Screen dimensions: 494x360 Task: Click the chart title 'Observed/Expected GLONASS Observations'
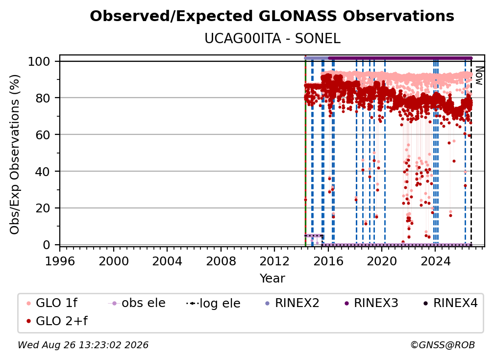(272, 16)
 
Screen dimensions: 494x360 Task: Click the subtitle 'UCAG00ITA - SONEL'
(272, 38)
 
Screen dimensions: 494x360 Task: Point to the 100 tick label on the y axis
(39, 61)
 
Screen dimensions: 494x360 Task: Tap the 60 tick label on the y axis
(43, 135)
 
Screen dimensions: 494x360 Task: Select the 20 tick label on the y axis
(43, 208)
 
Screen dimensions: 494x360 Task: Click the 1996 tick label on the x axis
(60, 261)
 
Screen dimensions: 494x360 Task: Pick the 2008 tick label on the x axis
(221, 261)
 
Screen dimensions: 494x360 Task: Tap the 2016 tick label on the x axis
(328, 261)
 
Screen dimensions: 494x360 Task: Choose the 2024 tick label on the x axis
(435, 261)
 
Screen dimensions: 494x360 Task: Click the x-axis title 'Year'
(272, 279)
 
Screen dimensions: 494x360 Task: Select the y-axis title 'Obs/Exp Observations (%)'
(15, 154)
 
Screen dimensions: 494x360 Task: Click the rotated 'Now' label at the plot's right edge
(479, 76)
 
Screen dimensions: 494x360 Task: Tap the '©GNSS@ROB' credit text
(443, 345)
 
